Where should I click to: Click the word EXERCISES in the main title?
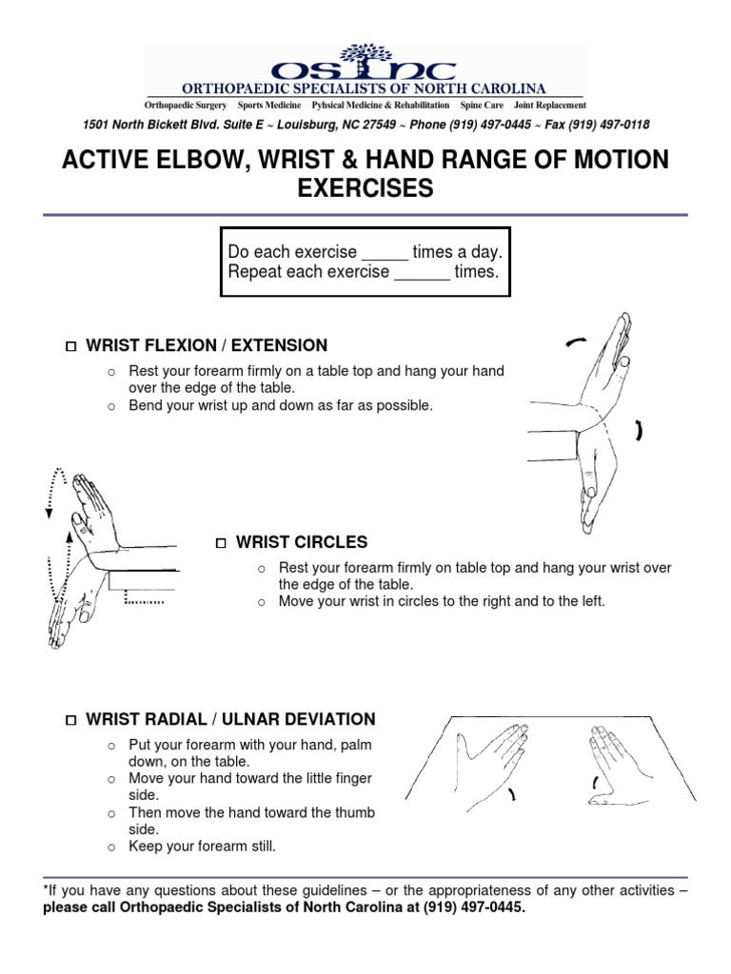[x=365, y=189]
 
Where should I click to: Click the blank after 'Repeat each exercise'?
[x=422, y=273]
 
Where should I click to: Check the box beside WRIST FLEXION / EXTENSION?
[x=70, y=346]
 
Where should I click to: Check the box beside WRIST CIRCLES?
[x=221, y=543]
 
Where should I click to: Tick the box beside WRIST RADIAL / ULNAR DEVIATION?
[x=70, y=720]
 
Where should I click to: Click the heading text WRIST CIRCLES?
[x=302, y=542]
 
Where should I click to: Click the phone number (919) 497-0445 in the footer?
[x=472, y=907]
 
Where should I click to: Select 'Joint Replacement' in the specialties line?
[x=549, y=105]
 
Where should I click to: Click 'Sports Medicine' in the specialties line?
[x=269, y=105]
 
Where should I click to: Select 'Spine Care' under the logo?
[x=482, y=105]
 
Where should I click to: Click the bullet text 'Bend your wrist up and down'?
[x=281, y=405]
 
